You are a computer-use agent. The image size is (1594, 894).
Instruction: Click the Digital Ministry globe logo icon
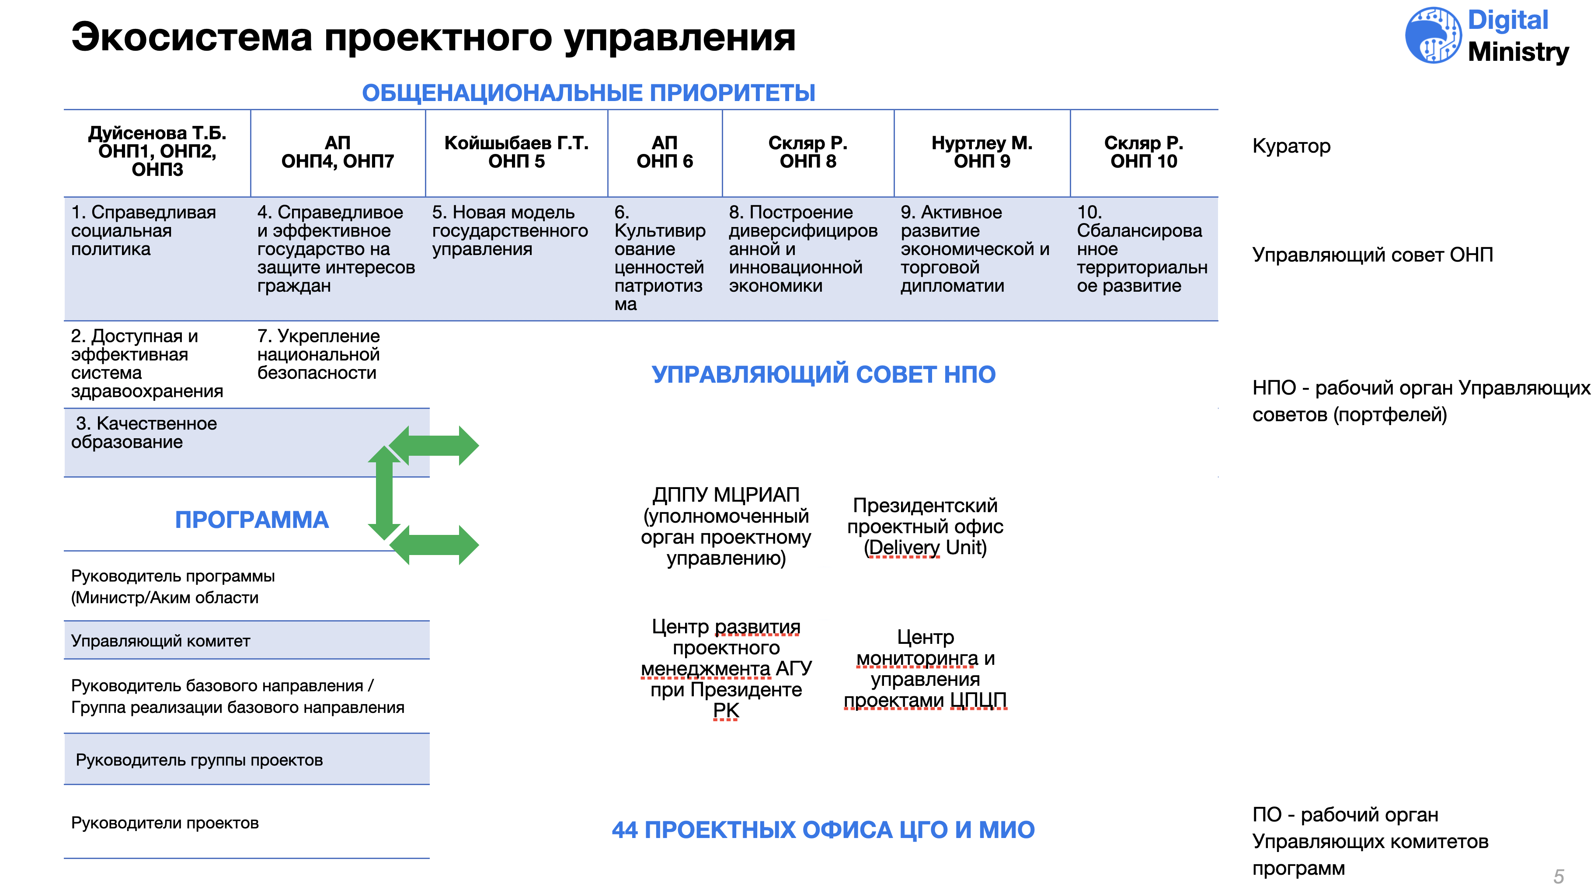point(1433,35)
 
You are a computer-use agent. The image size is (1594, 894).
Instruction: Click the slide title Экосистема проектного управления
point(433,37)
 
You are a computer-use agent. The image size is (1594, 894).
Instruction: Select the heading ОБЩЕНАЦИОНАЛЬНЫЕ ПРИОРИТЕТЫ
point(588,93)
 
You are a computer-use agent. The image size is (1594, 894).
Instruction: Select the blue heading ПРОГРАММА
point(252,520)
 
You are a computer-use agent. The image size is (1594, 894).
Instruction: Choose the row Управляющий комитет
point(247,640)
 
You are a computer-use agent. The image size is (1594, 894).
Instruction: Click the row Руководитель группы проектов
point(247,760)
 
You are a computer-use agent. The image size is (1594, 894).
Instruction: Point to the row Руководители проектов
point(247,822)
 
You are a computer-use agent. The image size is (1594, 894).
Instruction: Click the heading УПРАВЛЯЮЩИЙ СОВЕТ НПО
point(824,374)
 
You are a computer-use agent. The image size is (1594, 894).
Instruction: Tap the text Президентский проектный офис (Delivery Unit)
point(926,526)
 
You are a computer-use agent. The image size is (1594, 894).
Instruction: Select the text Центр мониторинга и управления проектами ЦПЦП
point(926,669)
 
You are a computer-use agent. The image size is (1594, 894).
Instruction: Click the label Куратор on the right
point(1291,147)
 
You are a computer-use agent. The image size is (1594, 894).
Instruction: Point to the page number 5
point(1559,877)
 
